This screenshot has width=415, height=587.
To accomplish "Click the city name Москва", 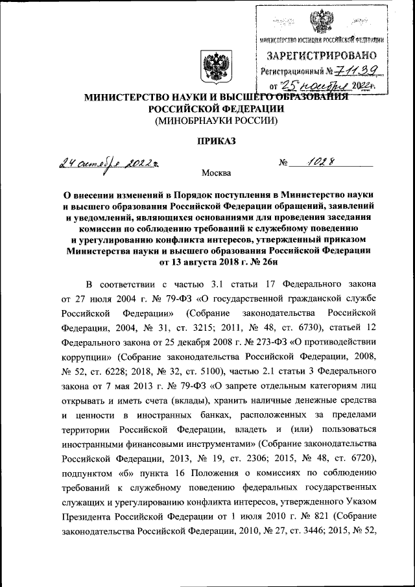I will click(216, 173).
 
